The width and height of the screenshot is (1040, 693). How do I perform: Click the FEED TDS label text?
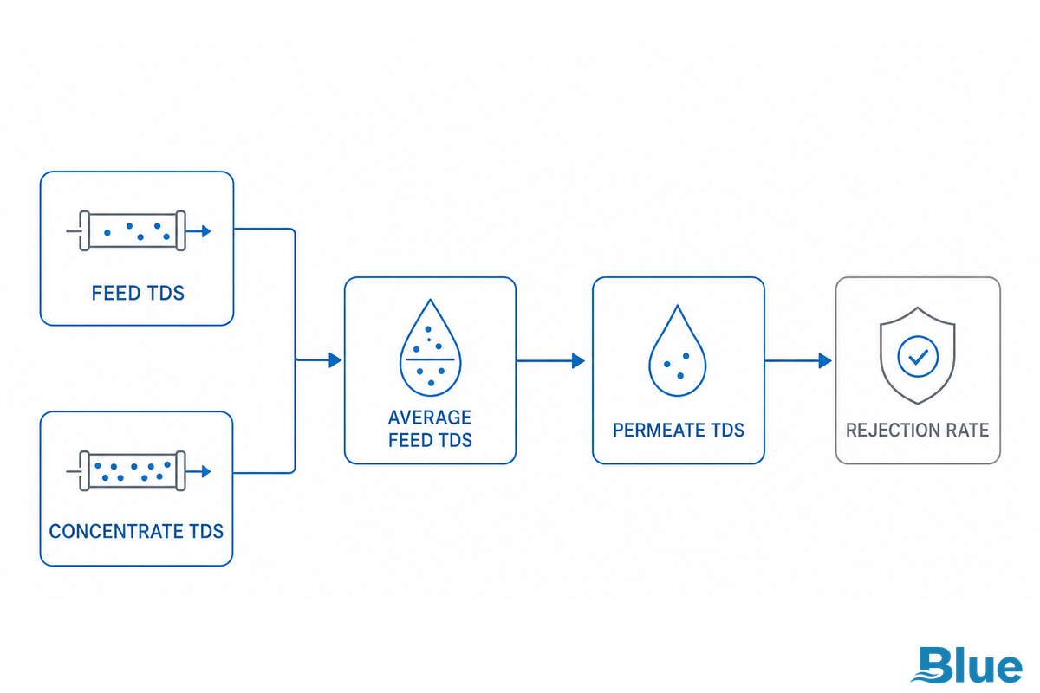[x=138, y=293]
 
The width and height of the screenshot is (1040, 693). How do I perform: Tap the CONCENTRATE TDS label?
[x=136, y=531]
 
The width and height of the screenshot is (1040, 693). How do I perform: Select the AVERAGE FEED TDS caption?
[x=430, y=429]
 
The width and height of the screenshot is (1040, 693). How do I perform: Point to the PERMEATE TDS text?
[x=679, y=431]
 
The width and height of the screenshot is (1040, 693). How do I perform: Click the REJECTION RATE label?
[x=918, y=431]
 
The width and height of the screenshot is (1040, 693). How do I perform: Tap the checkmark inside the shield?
[x=918, y=357]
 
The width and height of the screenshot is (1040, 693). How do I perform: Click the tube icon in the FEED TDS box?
[x=139, y=230]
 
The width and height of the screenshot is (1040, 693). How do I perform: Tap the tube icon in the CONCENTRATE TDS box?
[x=139, y=470]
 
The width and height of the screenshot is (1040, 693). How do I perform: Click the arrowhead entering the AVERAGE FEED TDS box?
[x=335, y=360]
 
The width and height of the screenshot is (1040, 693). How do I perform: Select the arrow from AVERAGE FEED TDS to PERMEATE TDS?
[x=550, y=360]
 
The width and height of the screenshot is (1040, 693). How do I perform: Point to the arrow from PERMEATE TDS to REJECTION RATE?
[x=798, y=360]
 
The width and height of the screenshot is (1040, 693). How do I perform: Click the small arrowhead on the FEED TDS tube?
[x=206, y=231]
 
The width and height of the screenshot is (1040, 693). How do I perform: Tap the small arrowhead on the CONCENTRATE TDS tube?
[x=206, y=471]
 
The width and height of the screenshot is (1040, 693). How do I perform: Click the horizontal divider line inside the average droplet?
[x=431, y=359]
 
